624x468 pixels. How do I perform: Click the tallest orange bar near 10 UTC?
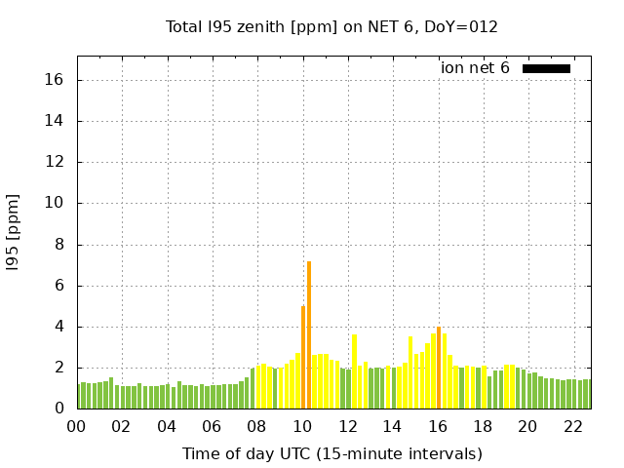tap(309, 334)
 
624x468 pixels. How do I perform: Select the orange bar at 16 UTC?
tap(439, 368)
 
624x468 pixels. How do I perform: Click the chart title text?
tap(331, 26)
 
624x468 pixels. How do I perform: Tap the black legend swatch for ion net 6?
tap(546, 68)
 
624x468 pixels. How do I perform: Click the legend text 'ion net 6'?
tap(475, 68)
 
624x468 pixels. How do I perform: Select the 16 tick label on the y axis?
tap(56, 80)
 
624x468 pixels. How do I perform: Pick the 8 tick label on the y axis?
tap(59, 245)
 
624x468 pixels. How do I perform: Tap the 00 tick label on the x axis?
tap(76, 426)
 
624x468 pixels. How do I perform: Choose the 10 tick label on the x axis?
tap(302, 426)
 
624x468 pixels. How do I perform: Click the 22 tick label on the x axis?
tap(572, 426)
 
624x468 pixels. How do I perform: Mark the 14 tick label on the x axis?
tap(392, 426)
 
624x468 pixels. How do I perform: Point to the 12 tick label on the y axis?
tap(56, 163)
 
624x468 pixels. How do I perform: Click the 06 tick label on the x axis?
tap(212, 426)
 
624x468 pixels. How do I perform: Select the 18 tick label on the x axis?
tap(483, 426)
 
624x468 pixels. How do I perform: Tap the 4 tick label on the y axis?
tap(59, 328)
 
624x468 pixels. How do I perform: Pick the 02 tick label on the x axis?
tap(121, 426)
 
